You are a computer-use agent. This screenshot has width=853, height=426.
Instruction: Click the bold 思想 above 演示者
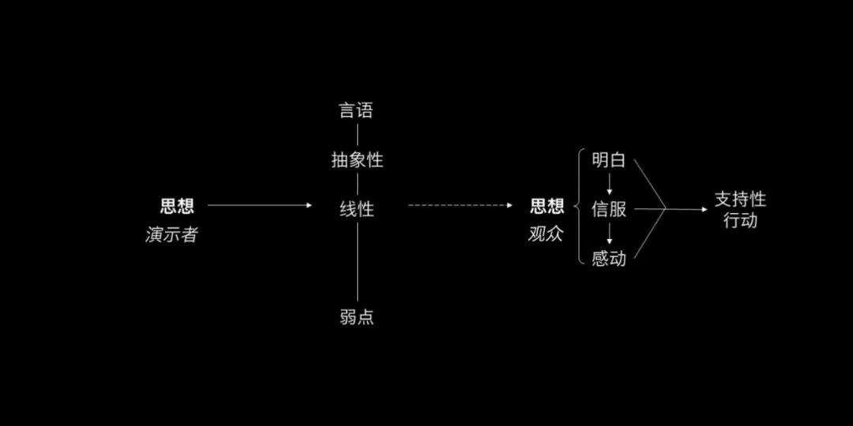click(x=177, y=207)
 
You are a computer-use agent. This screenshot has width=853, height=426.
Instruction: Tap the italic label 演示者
click(x=171, y=234)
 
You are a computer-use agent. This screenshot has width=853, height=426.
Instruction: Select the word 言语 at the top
click(x=356, y=110)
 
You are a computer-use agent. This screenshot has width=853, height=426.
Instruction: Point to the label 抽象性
click(x=357, y=160)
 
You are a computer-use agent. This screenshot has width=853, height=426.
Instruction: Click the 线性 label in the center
click(x=357, y=210)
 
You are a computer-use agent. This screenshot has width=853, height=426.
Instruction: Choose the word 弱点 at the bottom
click(x=357, y=317)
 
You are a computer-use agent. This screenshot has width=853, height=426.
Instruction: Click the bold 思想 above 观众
click(x=547, y=207)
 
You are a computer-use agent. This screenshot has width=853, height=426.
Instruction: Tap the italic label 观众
click(x=546, y=234)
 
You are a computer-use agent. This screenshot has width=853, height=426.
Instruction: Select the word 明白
click(x=609, y=160)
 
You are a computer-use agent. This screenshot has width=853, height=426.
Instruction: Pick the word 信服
click(x=609, y=209)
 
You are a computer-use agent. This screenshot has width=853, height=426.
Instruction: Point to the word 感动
click(x=609, y=258)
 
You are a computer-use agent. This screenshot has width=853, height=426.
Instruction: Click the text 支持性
click(x=740, y=200)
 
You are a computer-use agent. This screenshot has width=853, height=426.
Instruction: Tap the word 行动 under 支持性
click(x=740, y=220)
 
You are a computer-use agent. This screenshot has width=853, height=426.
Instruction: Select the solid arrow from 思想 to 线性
click(x=260, y=205)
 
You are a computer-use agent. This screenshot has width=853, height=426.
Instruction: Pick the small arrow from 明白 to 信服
click(x=610, y=185)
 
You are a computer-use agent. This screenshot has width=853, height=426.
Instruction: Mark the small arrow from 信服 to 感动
click(x=610, y=234)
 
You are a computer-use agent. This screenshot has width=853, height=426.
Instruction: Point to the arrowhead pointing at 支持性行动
click(x=704, y=210)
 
